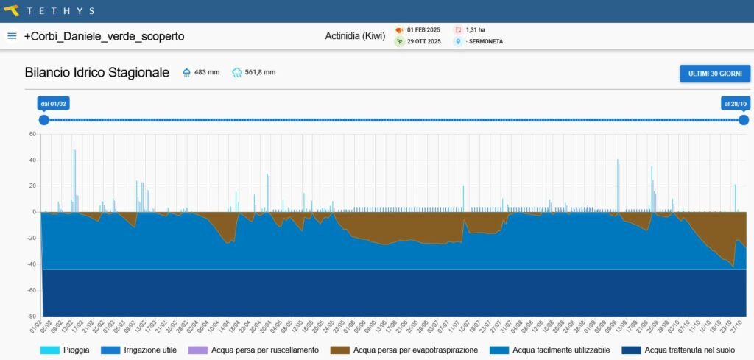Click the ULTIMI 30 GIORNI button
tap(714, 74)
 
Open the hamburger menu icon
tap(12, 36)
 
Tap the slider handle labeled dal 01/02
tap(44, 120)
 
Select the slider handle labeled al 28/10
tap(744, 120)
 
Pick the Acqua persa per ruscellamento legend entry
tap(253, 350)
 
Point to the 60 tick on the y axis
tap(32, 134)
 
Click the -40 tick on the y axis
tap(31, 264)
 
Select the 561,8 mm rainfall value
tap(260, 72)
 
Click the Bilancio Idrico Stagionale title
tap(96, 72)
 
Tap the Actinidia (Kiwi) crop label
tap(355, 36)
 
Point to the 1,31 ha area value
tap(475, 30)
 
